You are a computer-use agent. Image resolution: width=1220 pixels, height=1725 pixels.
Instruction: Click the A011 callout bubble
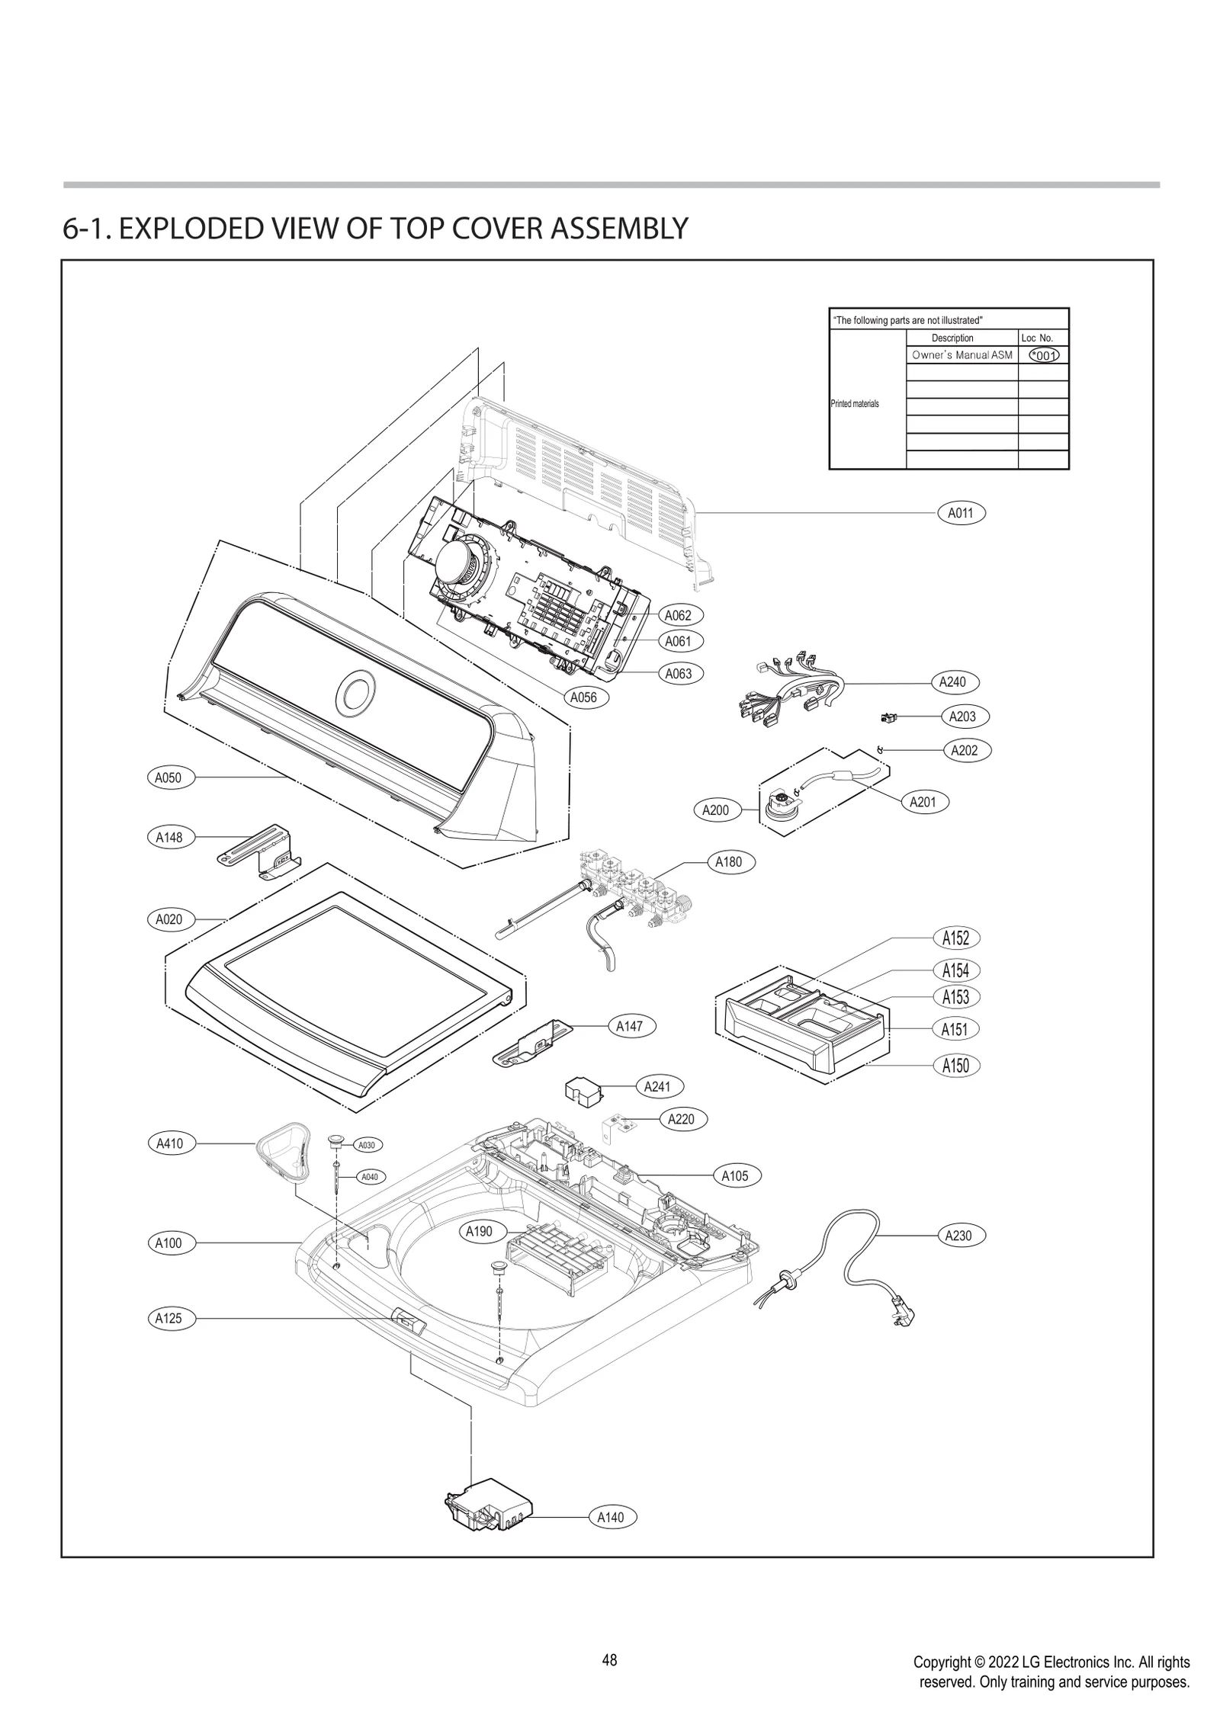coord(960,513)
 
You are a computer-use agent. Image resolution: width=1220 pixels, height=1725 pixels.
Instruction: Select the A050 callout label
coord(169,778)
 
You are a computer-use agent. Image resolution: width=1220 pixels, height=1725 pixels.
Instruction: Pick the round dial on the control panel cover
coord(355,692)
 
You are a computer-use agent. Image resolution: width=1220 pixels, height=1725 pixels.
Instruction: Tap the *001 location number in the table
coord(1043,355)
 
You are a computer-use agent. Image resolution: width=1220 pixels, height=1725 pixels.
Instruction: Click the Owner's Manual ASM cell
coord(962,355)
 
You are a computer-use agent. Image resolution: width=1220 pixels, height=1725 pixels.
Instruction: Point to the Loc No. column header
coord(1036,338)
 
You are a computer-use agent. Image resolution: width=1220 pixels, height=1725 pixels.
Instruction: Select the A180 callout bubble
coord(728,862)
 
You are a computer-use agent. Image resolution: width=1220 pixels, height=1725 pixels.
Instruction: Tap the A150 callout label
coord(955,1065)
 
